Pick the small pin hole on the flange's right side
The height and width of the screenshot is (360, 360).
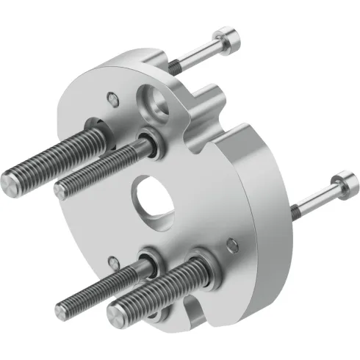tap(232, 242)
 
